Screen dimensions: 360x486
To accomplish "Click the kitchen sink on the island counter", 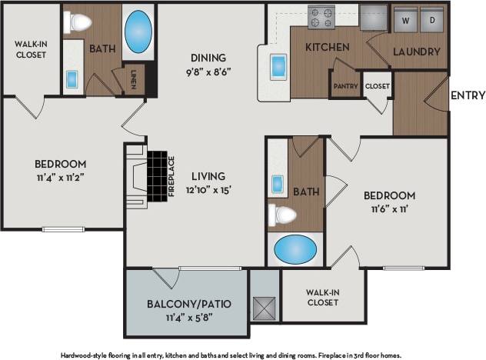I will click(x=278, y=66).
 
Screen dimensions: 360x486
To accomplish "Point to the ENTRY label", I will click(x=467, y=96).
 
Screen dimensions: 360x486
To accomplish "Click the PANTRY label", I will click(x=345, y=87).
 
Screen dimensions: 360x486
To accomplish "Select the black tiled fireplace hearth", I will click(x=158, y=174).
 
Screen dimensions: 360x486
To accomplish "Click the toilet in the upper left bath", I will click(x=78, y=23).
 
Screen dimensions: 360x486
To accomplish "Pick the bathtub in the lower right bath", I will click(x=295, y=249).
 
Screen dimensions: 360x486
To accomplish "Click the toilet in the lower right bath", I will click(x=281, y=215).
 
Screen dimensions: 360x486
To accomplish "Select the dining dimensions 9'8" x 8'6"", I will click(x=209, y=72).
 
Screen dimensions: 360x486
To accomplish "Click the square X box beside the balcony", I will click(x=265, y=308).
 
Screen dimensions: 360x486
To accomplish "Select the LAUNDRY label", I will click(x=417, y=52).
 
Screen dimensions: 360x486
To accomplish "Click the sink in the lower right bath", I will click(x=278, y=185).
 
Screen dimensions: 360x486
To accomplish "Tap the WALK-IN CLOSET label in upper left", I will click(x=30, y=49).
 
